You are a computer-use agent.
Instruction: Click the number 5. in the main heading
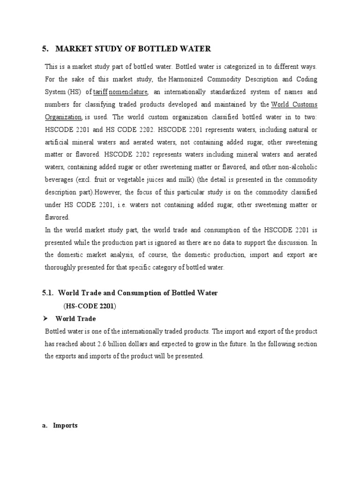46,49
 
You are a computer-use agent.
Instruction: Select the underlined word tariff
101,92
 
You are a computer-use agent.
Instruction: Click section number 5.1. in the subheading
48,293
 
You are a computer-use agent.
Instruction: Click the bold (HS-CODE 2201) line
90,306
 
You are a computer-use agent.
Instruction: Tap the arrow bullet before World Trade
46,318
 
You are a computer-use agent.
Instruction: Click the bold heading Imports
65,426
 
